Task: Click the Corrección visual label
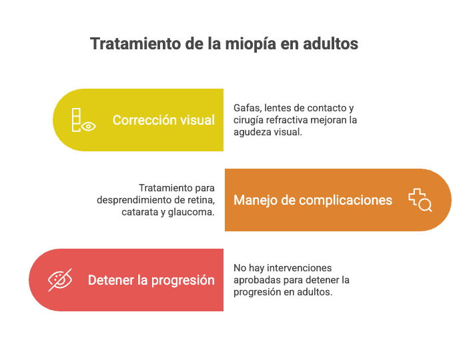(163, 120)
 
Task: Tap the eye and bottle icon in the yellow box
(83, 120)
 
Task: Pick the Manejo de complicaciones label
(313, 200)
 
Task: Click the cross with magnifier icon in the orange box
(420, 200)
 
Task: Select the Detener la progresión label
(151, 280)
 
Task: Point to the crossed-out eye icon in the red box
(59, 280)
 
